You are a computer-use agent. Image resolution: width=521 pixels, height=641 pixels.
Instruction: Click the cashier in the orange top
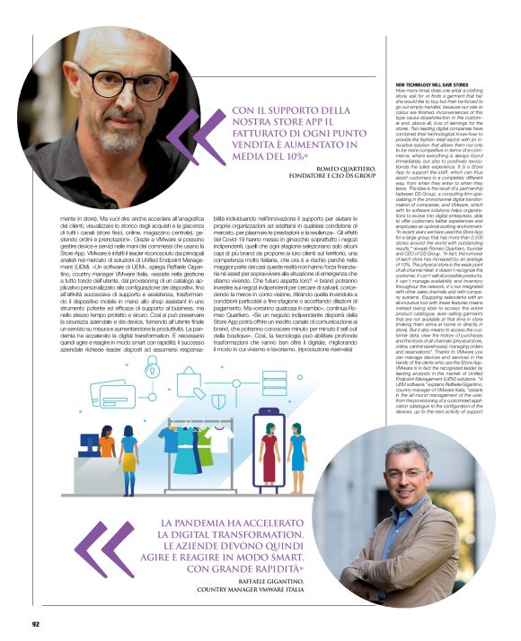(x=108, y=448)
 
